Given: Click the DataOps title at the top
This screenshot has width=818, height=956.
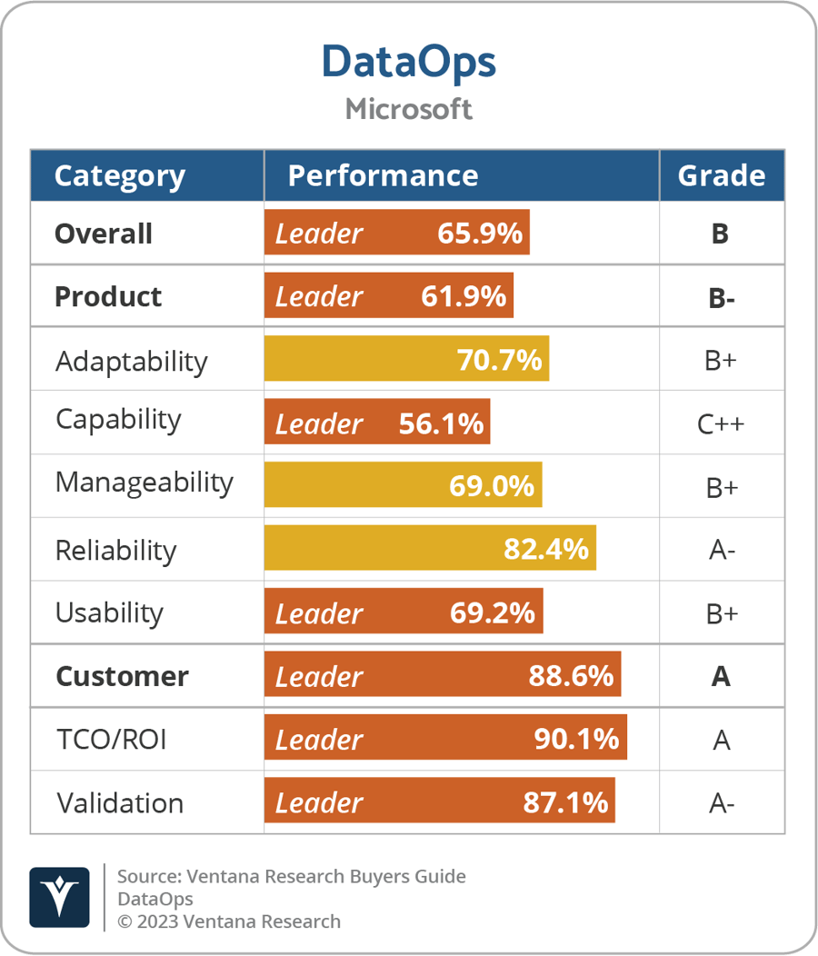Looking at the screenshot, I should (x=408, y=63).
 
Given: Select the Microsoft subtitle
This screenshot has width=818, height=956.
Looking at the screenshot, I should (x=408, y=109).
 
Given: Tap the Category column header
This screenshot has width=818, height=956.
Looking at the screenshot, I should (x=119, y=175).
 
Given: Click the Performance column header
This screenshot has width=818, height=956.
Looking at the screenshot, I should (x=383, y=175).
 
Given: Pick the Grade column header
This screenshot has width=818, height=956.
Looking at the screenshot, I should (x=721, y=175).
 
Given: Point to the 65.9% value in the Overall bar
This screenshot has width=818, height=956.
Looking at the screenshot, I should (x=479, y=234).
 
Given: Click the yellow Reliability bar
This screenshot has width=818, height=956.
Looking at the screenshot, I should (x=429, y=549).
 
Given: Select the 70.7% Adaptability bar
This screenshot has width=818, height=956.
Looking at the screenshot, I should (x=406, y=360).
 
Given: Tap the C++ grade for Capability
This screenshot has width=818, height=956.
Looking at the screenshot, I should (x=721, y=423).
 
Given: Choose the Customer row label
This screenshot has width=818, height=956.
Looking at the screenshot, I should (x=122, y=676).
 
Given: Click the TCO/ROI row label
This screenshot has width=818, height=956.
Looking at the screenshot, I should (x=111, y=740).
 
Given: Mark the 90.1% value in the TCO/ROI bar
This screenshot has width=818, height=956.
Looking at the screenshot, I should (x=576, y=740).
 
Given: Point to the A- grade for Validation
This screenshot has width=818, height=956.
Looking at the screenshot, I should (x=721, y=803).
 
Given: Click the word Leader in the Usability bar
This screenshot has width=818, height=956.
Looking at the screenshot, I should (x=319, y=613).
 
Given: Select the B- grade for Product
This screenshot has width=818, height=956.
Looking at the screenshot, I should (x=721, y=297).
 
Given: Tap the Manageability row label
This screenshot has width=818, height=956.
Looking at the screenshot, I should (x=144, y=483).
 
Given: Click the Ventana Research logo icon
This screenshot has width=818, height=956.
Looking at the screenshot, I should (x=59, y=897).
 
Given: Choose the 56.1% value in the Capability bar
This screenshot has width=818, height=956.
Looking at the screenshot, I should (x=441, y=423).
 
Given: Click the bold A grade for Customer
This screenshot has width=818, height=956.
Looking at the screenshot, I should (x=721, y=676).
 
